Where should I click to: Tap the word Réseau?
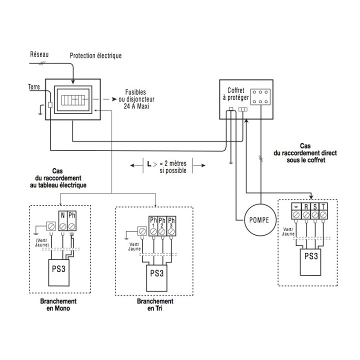click(x=39, y=54)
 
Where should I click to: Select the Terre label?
click(x=34, y=87)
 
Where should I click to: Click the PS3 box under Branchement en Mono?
click(x=59, y=273)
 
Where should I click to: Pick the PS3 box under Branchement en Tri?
click(x=157, y=278)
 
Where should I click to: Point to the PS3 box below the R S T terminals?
click(x=310, y=262)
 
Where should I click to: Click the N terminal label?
click(x=62, y=215)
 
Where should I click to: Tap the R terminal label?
click(x=306, y=206)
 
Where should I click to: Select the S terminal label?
click(x=315, y=206)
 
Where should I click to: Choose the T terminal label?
click(x=323, y=206)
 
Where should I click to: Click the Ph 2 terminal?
click(x=162, y=226)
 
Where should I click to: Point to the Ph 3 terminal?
click(x=171, y=226)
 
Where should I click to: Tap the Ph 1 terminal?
click(x=153, y=226)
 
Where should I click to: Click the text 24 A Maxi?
click(x=136, y=106)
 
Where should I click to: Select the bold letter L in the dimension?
click(x=149, y=164)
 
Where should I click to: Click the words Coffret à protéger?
click(x=236, y=94)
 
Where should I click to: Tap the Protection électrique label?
click(x=95, y=56)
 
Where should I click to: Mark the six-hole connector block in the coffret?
click(x=260, y=97)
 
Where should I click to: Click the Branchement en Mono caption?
click(x=58, y=304)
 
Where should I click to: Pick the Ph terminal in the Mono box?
click(x=72, y=221)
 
